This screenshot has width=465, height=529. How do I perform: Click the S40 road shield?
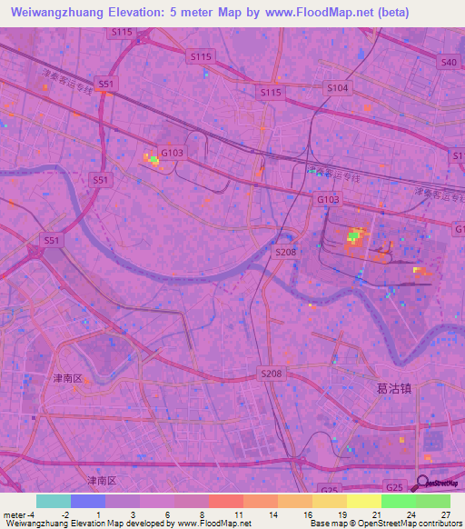[x=448, y=63]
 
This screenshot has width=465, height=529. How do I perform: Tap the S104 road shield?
[x=338, y=88]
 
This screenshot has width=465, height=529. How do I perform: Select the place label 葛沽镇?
[x=394, y=388]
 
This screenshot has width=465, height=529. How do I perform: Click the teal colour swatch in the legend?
[x=54, y=501]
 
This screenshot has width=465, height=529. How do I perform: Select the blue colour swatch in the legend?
[x=88, y=501]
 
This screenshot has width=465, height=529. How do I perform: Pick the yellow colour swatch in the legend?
[x=364, y=501]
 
